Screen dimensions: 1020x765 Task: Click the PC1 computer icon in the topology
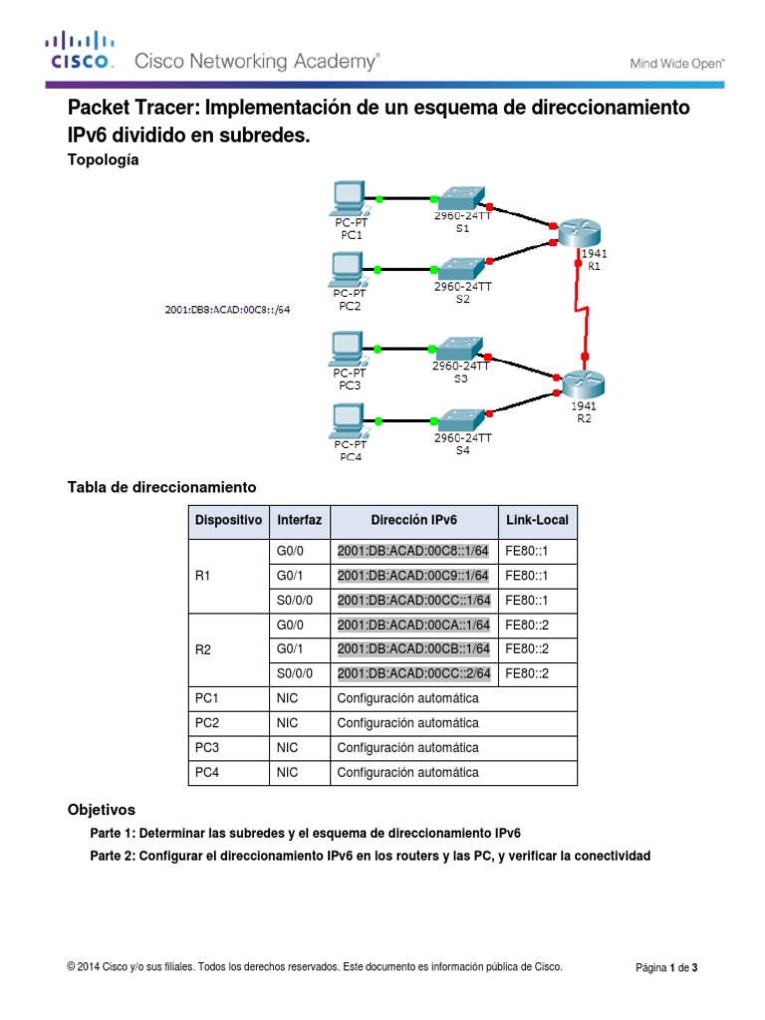click(x=349, y=198)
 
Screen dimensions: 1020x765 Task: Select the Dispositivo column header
click(x=228, y=520)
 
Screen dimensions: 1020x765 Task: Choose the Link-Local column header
click(x=537, y=520)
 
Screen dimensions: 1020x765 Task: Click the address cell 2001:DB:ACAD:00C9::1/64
click(x=413, y=576)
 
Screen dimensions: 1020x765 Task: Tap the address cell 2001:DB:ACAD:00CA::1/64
click(x=413, y=625)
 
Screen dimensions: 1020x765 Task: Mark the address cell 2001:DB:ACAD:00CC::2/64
click(x=413, y=673)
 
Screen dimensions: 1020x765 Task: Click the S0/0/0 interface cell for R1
click(x=295, y=601)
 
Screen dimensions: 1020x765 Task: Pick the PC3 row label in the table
click(x=208, y=747)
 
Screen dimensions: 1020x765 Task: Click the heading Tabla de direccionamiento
click(x=161, y=487)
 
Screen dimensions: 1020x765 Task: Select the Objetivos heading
click(x=101, y=810)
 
